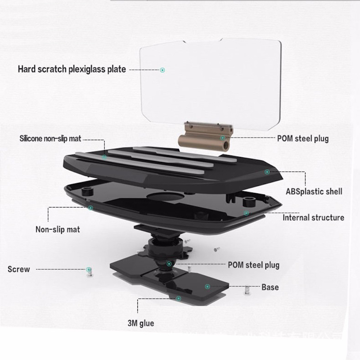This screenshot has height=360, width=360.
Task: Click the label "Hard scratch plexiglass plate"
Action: click(72, 69)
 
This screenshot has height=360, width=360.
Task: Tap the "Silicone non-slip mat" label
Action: click(50, 139)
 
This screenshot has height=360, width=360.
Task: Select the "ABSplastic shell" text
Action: click(314, 192)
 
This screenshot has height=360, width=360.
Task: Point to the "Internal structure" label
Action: click(314, 218)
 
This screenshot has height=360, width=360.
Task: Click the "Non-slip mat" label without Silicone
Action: click(58, 229)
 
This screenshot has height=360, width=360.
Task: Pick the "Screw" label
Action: click(19, 269)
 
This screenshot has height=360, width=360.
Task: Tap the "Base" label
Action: click(270, 287)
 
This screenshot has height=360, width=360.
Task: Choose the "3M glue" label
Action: click(141, 323)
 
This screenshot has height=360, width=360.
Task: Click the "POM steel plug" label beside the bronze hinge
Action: click(303, 139)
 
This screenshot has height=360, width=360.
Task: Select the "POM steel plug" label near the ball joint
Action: click(253, 265)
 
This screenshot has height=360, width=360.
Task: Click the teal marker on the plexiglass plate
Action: click(162, 70)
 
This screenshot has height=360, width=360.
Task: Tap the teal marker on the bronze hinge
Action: click(222, 138)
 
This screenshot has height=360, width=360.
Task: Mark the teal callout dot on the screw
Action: click(89, 269)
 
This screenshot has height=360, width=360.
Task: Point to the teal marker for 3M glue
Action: click(179, 298)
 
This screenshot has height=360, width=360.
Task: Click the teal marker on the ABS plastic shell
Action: click(267, 172)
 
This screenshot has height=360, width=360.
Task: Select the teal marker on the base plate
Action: click(208, 287)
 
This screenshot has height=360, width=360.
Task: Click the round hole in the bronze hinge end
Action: click(227, 145)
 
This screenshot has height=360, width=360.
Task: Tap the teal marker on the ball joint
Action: click(169, 264)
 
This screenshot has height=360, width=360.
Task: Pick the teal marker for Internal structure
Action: click(246, 213)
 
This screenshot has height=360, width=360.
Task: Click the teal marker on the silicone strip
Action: click(104, 157)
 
